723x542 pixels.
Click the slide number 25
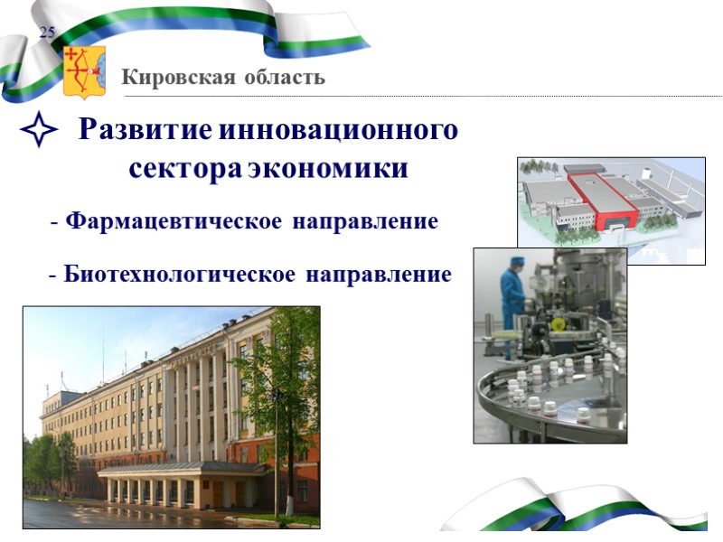[47, 33]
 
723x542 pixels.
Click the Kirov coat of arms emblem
[84, 72]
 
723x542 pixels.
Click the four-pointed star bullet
[39, 135]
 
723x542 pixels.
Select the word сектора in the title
[185, 169]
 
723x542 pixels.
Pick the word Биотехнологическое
[179, 274]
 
